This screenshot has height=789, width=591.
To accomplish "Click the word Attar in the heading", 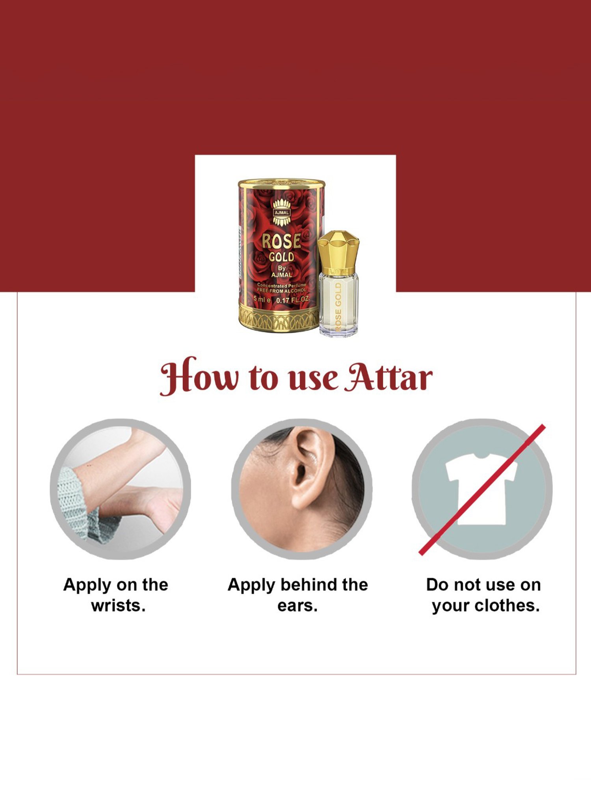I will pos(388,378).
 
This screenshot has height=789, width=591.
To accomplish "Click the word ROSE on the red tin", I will pos(281,241).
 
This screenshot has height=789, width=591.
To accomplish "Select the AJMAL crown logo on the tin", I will pos(282,212).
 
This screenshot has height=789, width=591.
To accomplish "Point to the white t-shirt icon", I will pos(481,489).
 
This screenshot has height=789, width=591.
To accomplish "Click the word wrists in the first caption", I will pos(118,606).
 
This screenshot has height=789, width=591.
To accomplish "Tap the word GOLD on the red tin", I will pos(281,257).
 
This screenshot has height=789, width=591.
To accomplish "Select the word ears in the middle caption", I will pos(297,606).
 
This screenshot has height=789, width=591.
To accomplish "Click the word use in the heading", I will pos(313,379).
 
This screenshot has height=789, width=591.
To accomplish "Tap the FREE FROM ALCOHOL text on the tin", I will pos(281,291).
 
